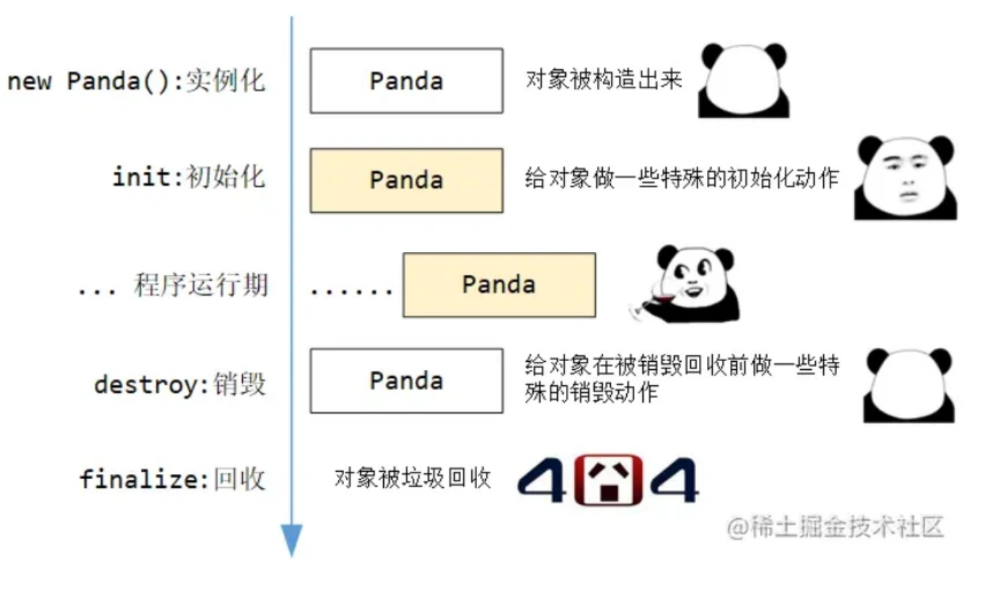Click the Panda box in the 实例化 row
pyautogui.click(x=406, y=81)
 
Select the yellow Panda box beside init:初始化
pyautogui.click(x=406, y=180)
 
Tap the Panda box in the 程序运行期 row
pyautogui.click(x=499, y=285)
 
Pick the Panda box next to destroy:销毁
pyautogui.click(x=406, y=381)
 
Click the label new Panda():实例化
pyautogui.click(x=137, y=81)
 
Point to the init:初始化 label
pyautogui.click(x=188, y=177)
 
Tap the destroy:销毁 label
pyautogui.click(x=180, y=384)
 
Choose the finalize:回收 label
pyautogui.click(x=172, y=480)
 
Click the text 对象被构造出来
pyautogui.click(x=604, y=79)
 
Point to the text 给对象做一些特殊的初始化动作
pyautogui.click(x=681, y=178)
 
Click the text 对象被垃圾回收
pyautogui.click(x=412, y=478)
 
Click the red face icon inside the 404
pyautogui.click(x=608, y=480)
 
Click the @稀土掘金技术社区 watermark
pyautogui.click(x=835, y=526)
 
